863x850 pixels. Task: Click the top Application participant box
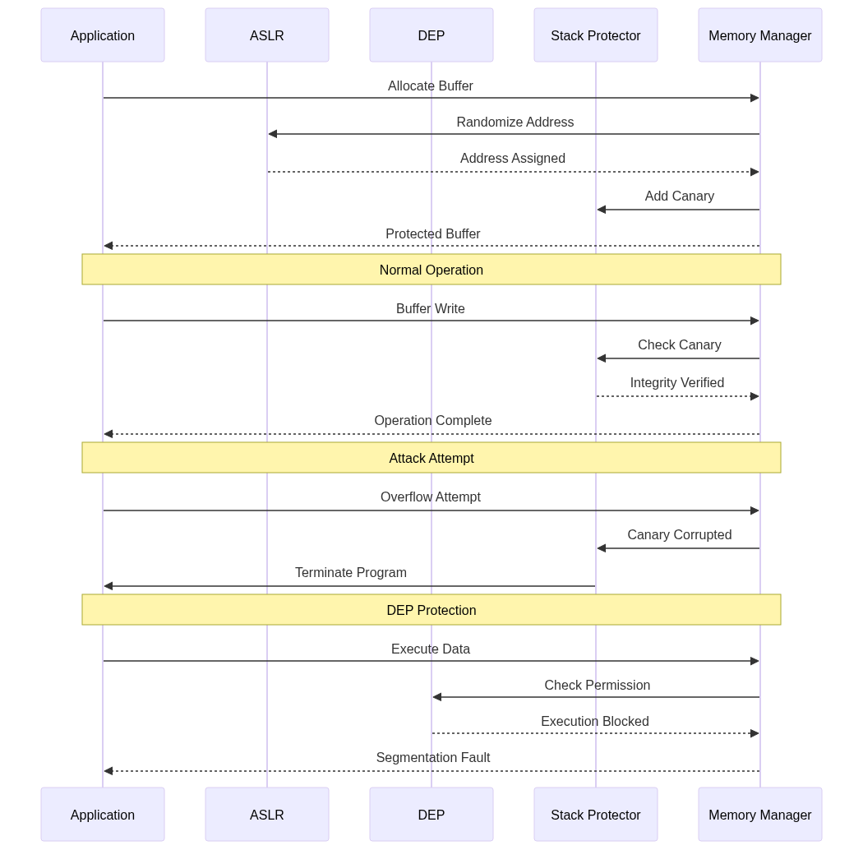[x=103, y=35]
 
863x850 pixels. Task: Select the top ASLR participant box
[x=267, y=35]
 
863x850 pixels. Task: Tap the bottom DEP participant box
[x=431, y=814]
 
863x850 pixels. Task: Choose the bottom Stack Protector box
[x=596, y=814]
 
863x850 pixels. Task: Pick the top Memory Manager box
[x=760, y=35]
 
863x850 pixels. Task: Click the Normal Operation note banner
[x=431, y=269]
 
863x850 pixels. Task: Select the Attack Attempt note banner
[x=431, y=458]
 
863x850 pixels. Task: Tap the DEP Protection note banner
[x=431, y=609]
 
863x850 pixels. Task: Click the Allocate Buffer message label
[x=431, y=85]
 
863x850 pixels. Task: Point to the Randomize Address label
[x=515, y=122]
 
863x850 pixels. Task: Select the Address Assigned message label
[x=513, y=159]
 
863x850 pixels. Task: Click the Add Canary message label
[x=680, y=196]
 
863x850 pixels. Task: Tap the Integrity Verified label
[x=677, y=382]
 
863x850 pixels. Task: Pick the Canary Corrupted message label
[x=680, y=534]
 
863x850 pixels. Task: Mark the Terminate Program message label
[x=351, y=572]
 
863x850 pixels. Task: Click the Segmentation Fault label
[x=433, y=757]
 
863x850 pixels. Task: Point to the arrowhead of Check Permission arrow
[x=437, y=697]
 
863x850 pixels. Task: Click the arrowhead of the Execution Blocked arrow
[x=755, y=733]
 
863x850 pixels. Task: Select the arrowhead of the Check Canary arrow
[x=602, y=358]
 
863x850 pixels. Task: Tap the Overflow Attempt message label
[x=431, y=497]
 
